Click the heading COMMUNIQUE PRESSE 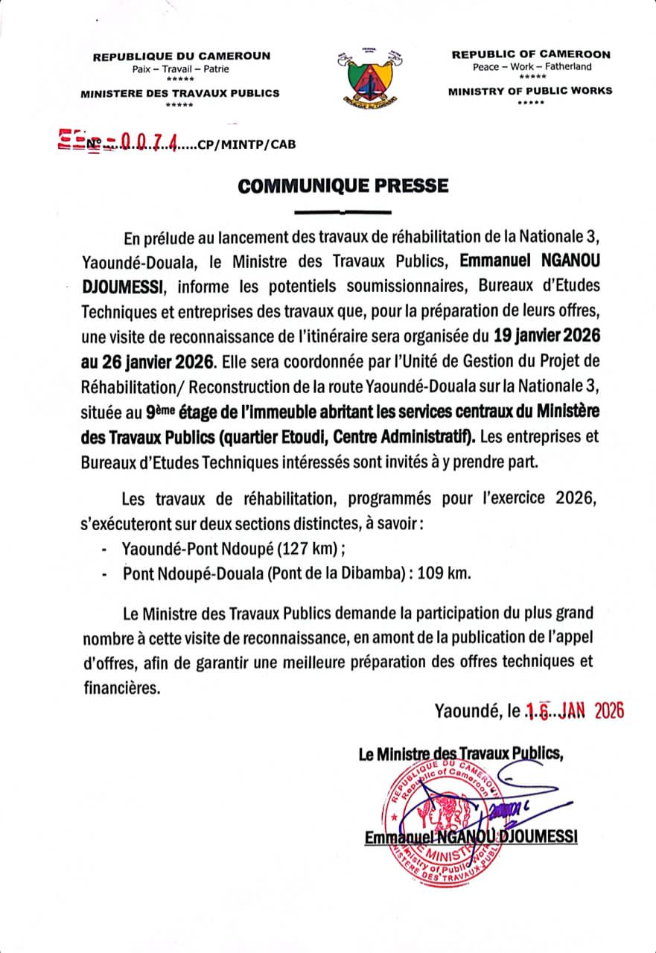[343, 185]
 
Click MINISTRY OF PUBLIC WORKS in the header [530, 91]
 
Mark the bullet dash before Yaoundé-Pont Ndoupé [104, 550]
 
